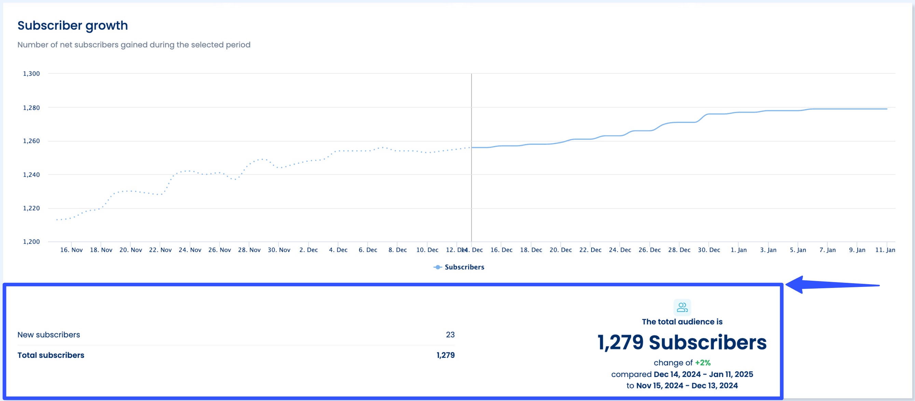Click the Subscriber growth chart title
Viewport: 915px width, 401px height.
(x=72, y=26)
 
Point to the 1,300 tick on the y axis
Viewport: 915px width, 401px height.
(x=31, y=73)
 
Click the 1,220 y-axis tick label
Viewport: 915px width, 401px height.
(x=31, y=208)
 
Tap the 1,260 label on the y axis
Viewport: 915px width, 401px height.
(x=31, y=141)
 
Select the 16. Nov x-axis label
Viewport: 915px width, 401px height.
(x=71, y=250)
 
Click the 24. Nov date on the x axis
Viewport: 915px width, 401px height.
(x=190, y=250)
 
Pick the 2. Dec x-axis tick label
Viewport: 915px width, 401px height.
(x=309, y=250)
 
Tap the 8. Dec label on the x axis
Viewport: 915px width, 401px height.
(x=397, y=250)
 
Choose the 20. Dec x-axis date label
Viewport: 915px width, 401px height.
(x=560, y=250)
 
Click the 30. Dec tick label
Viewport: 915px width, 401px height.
(x=709, y=250)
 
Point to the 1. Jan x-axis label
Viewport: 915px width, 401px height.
(x=738, y=250)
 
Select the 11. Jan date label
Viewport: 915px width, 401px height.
(x=885, y=250)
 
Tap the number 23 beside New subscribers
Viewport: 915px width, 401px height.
(x=450, y=335)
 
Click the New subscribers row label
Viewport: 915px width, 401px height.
(x=49, y=335)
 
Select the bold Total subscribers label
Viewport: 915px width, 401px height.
(x=51, y=355)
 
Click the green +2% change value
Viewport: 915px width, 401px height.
(x=702, y=363)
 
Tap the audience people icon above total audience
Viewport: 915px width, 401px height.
(x=682, y=307)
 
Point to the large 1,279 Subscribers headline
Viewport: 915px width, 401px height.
(x=682, y=342)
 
